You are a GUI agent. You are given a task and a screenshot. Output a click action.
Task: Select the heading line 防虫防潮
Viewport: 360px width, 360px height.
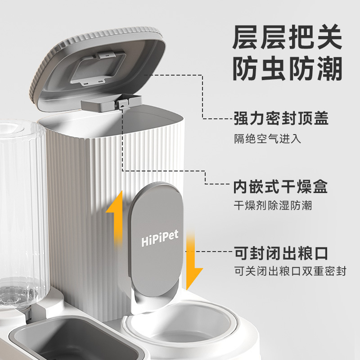[x=288, y=68]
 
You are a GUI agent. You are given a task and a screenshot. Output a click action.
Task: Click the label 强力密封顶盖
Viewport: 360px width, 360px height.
[x=281, y=118]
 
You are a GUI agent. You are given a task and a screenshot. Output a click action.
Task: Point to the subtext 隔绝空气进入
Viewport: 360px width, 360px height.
[x=267, y=138]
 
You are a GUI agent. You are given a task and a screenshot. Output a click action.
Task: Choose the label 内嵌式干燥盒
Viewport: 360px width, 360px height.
[x=280, y=186]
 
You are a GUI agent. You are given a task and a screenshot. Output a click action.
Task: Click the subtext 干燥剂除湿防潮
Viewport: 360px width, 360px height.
[x=273, y=206]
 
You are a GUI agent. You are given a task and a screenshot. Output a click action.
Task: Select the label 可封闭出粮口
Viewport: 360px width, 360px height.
[x=281, y=253]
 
